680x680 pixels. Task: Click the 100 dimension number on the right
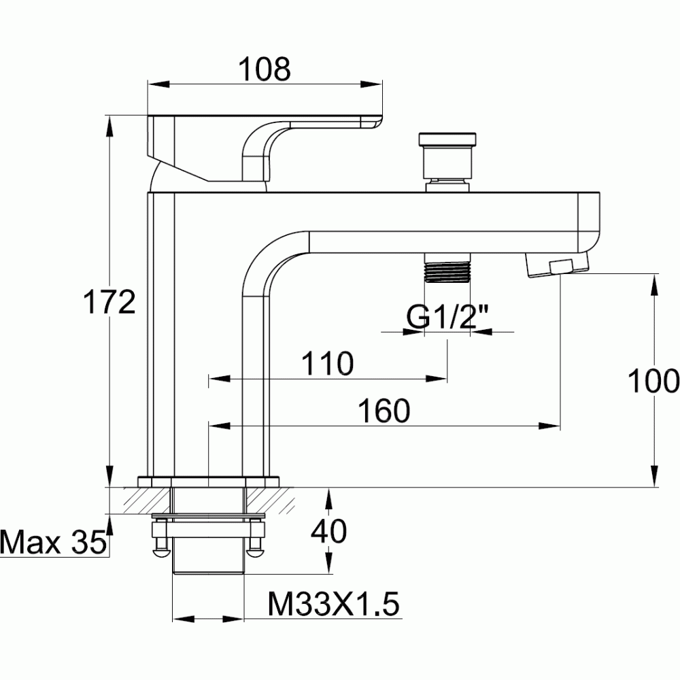tap(653, 381)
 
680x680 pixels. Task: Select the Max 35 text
tap(53, 543)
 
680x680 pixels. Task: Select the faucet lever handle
tap(265, 146)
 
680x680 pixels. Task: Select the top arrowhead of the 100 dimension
tap(655, 283)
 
